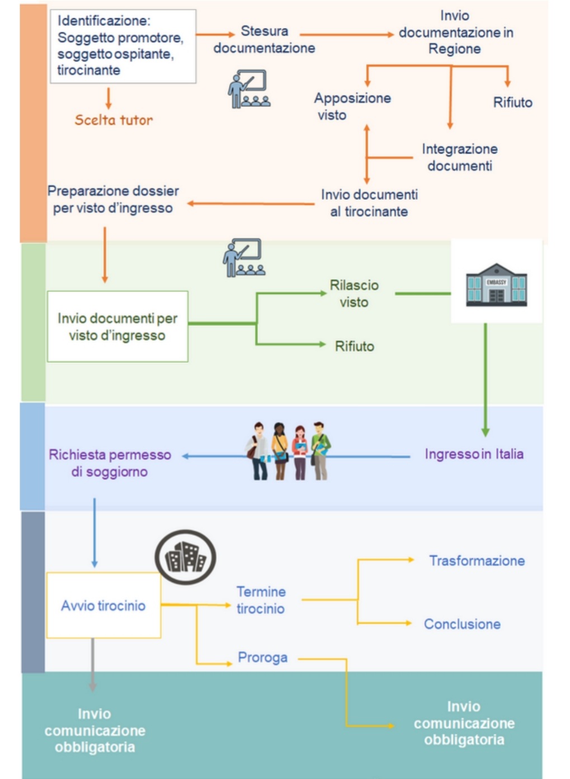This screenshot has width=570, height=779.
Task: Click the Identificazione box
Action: pos(123,46)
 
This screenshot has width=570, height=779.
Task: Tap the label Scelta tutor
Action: pos(114,120)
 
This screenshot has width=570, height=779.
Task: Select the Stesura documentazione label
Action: pos(264,39)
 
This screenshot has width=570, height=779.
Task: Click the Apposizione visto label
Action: pos(352,106)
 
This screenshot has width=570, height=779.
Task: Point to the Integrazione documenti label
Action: pos(459,157)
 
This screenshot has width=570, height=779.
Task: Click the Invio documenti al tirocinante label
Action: pos(369,203)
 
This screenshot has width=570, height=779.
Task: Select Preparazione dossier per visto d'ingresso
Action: pos(113,199)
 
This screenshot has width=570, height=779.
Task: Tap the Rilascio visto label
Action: pos(354,293)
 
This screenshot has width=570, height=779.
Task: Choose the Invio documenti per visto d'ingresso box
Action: pos(117,326)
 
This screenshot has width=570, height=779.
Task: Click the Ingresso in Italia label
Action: pos(474,454)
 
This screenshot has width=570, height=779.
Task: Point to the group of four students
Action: pos(288,451)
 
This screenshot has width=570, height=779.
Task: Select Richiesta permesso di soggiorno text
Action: pos(110,463)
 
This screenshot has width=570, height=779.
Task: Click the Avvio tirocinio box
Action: pos(103,605)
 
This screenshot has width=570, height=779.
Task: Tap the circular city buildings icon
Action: pos(185,557)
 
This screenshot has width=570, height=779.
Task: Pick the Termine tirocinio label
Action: pos(261,600)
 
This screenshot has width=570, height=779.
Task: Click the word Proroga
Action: pos(262,657)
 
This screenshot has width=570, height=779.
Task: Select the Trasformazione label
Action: pos(477,561)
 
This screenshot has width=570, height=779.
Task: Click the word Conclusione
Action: pos(462,624)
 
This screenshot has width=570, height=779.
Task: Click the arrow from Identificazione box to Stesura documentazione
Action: pos(215,35)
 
